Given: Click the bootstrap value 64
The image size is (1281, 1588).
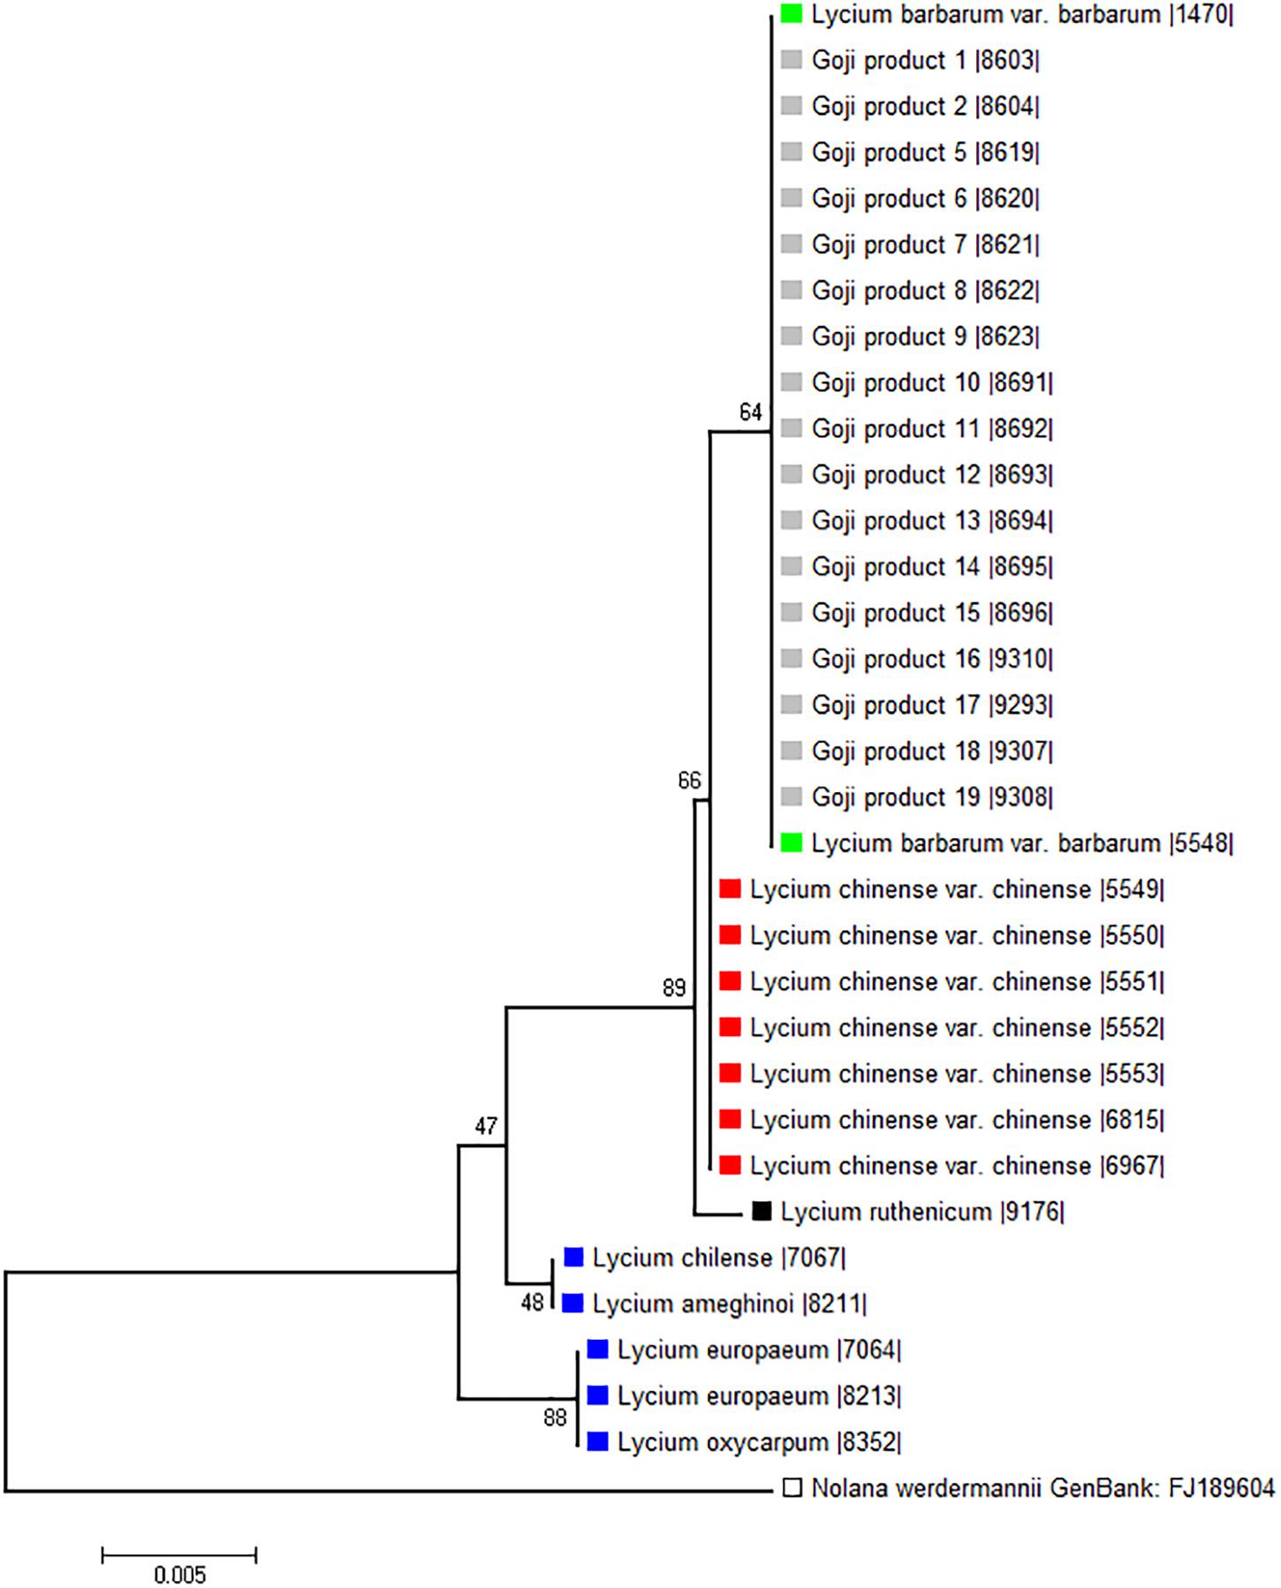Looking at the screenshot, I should (750, 412).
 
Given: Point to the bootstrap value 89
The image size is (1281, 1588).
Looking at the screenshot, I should (674, 987).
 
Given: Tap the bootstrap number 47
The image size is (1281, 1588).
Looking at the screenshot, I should (486, 1126).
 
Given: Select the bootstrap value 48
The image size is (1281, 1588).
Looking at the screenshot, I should (532, 1303).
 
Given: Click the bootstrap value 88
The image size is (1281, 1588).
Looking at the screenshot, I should (555, 1418).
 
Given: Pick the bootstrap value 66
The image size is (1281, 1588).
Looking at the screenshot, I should (689, 781).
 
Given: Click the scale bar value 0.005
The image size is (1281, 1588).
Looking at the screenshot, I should (179, 1575).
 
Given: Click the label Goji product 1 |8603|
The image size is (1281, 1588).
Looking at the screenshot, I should (925, 61).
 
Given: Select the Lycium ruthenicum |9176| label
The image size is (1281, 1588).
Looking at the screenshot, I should (921, 1212).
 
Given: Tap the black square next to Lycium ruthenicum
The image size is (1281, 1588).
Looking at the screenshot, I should (762, 1212).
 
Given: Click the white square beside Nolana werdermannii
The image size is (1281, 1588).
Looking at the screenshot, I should (792, 1488).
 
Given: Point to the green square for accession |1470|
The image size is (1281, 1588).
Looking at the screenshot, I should (792, 15).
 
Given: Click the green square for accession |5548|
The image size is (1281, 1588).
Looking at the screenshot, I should (792, 843).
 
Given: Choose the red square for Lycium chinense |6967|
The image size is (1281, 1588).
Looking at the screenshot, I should (730, 1166).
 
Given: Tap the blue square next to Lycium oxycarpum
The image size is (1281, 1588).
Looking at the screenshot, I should (598, 1442).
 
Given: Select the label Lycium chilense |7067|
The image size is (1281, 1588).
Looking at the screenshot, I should (718, 1258).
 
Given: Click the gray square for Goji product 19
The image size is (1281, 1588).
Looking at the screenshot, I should (792, 798).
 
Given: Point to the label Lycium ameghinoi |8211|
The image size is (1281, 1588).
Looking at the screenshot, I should (729, 1304).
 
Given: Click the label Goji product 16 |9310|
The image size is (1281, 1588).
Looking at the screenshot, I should (932, 659).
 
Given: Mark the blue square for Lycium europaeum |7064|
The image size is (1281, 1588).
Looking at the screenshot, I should (598, 1350).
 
